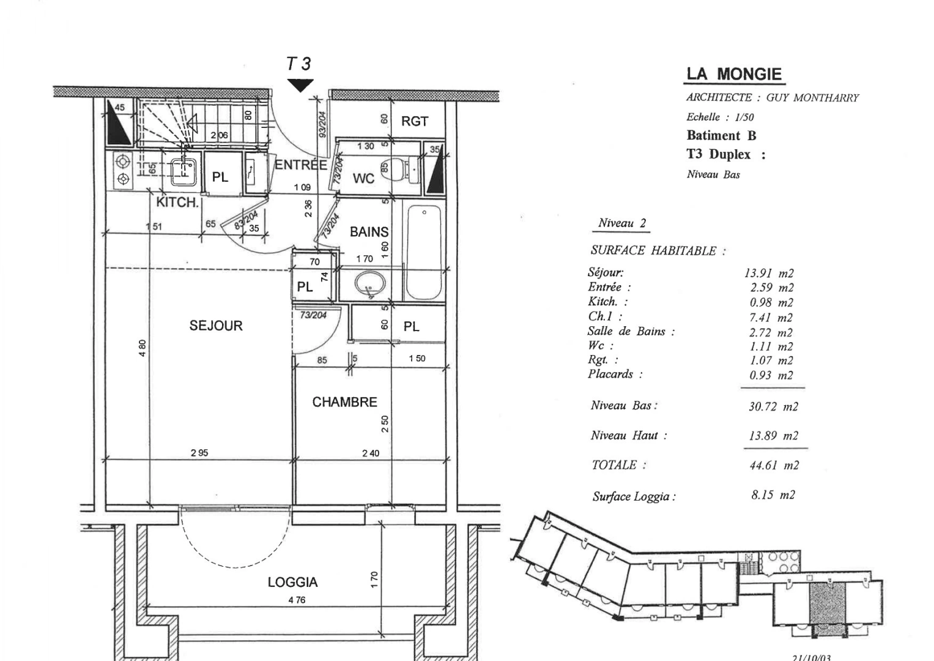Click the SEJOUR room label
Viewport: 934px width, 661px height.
(216, 326)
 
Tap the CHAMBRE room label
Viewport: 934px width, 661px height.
(344, 402)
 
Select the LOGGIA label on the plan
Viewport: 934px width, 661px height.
(292, 582)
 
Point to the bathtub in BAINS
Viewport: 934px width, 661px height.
(424, 252)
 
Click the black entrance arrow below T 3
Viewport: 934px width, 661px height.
(300, 86)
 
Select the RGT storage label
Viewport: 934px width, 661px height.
(414, 121)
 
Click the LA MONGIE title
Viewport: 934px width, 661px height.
(734, 75)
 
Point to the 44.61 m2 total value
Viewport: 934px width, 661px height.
(774, 465)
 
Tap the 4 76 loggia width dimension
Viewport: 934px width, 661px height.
(297, 600)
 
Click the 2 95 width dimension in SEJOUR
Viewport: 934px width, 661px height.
(199, 453)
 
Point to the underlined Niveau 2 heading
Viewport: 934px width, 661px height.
(622, 223)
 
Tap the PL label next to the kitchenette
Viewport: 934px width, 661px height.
(220, 177)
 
